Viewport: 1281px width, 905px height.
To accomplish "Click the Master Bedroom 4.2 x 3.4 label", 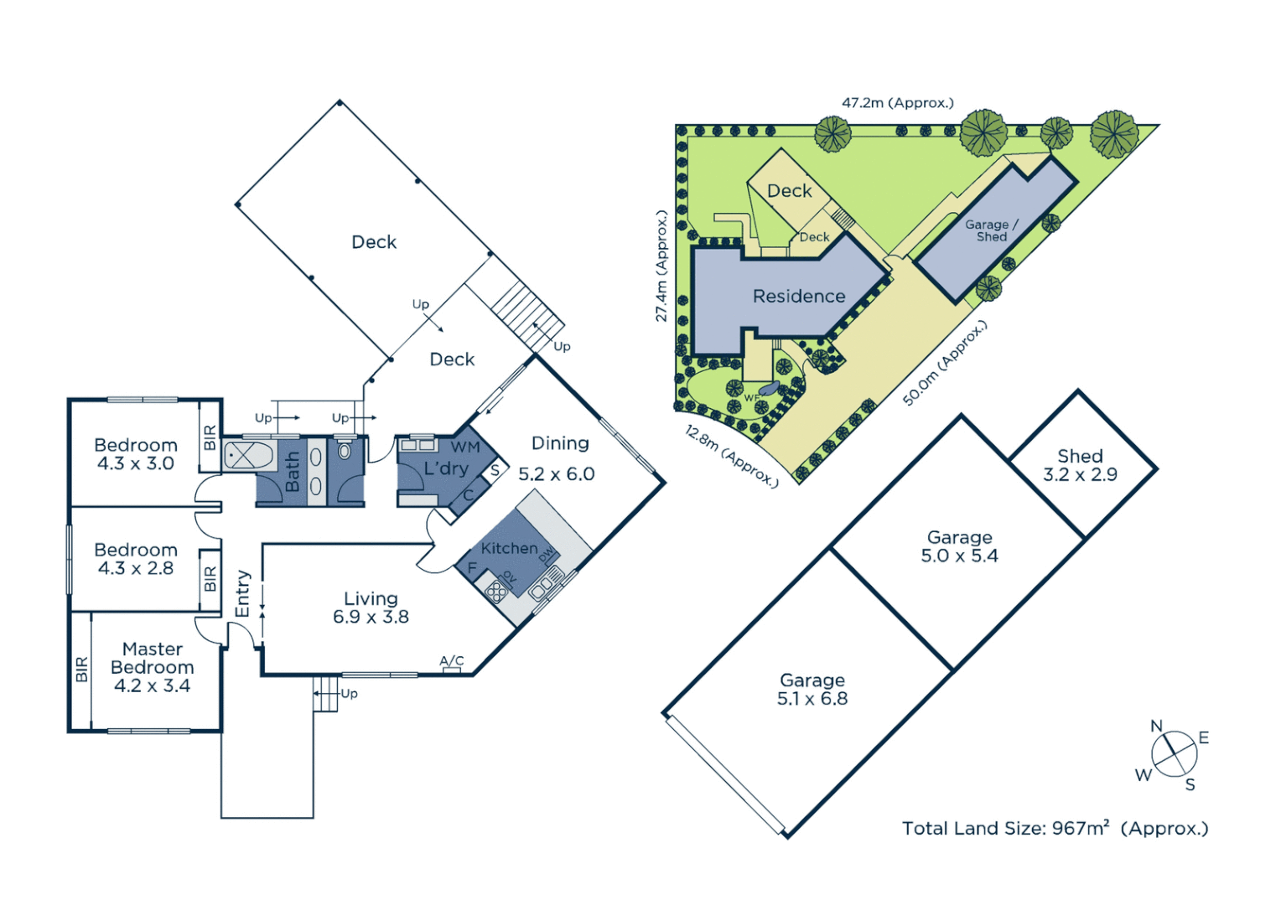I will tap(152, 667).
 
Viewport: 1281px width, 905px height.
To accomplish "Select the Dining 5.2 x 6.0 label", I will tap(558, 458).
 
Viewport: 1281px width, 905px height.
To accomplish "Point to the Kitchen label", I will tap(509, 548).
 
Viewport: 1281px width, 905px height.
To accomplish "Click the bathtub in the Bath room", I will tap(249, 456).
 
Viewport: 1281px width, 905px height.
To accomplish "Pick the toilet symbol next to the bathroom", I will tap(345, 450).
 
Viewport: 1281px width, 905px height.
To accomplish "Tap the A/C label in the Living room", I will tap(451, 661).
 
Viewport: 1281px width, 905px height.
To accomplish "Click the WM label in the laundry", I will tap(465, 447).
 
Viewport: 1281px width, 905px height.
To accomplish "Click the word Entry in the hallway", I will tap(243, 594).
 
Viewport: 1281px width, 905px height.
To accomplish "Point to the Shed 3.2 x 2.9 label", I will tap(1080, 465).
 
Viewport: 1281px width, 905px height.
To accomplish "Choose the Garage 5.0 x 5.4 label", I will tap(959, 546).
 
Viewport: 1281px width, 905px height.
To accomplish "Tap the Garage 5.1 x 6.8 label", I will tap(812, 690).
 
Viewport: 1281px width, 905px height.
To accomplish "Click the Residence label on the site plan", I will tap(798, 297).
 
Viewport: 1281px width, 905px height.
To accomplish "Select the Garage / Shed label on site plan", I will tap(991, 230).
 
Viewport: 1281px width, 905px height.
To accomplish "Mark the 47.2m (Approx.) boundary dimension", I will tap(897, 103).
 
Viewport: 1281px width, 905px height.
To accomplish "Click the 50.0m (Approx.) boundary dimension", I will tap(944, 364).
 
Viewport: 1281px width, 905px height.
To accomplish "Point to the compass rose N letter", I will tap(1156, 726).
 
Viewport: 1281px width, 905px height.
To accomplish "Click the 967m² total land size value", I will tap(1081, 829).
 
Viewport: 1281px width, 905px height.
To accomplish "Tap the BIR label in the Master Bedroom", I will tap(81, 670).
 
